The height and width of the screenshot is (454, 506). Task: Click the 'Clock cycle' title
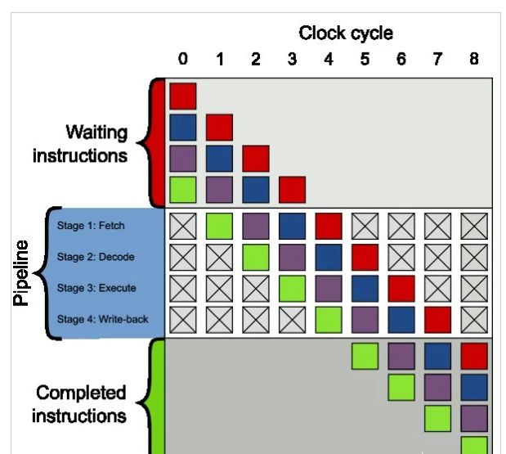[x=345, y=34]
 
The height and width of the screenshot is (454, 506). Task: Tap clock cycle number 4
[x=329, y=59]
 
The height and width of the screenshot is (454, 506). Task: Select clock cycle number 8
[x=474, y=59]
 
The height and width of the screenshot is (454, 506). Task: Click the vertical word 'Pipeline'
[x=22, y=272]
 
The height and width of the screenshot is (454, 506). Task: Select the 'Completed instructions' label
[x=80, y=404]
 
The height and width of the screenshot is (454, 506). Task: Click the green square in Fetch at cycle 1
[x=219, y=226]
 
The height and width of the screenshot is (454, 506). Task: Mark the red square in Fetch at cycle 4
[x=329, y=226]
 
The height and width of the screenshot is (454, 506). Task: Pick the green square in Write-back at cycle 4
[x=329, y=319]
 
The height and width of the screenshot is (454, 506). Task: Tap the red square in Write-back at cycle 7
[x=437, y=319]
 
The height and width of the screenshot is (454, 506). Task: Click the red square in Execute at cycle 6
[x=401, y=288]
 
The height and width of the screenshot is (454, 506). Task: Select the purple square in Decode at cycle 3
[x=292, y=257]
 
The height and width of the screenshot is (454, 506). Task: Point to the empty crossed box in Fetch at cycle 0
[x=183, y=226]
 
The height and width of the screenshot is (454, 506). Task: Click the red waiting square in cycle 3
[x=292, y=189]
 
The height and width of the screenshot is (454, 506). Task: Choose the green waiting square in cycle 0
[x=183, y=189]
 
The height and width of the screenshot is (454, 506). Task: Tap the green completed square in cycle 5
[x=365, y=356]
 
